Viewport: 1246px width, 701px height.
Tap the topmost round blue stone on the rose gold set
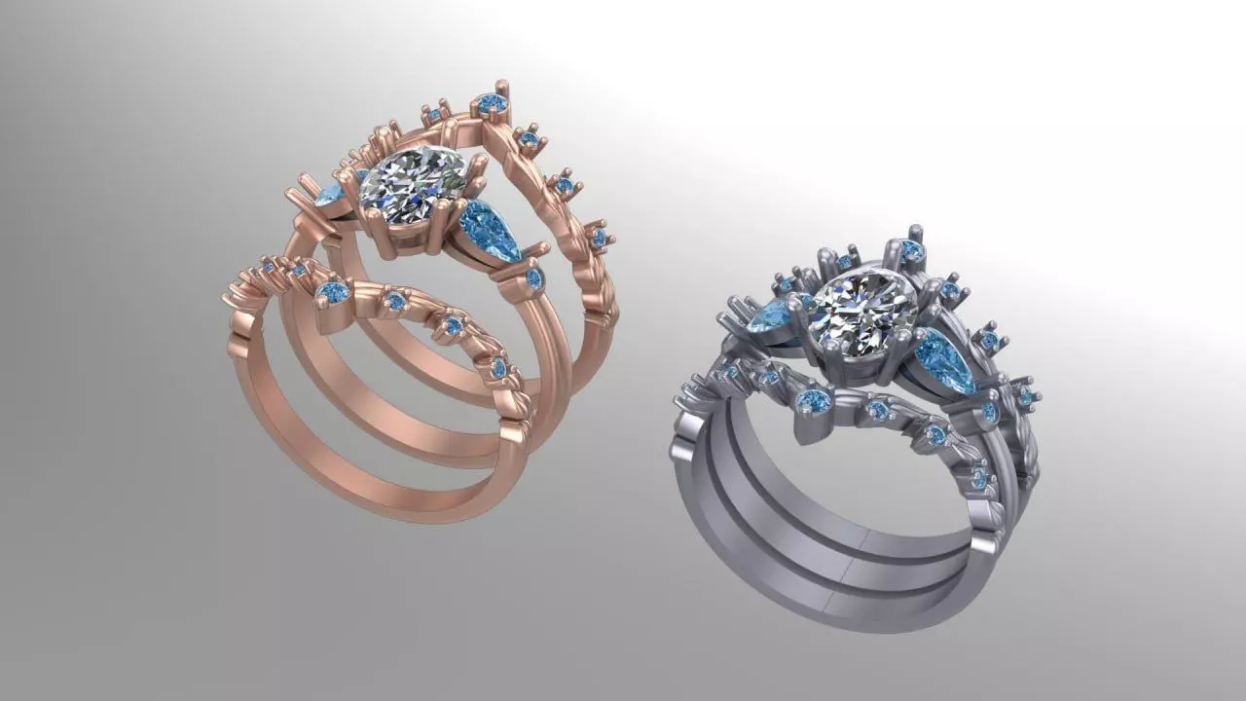pyautogui.click(x=491, y=102)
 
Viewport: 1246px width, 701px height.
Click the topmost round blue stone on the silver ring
pyautogui.click(x=911, y=250)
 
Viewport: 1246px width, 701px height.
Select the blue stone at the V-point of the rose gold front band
pyautogui.click(x=334, y=292)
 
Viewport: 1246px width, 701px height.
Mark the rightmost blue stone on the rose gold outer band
pyautogui.click(x=598, y=237)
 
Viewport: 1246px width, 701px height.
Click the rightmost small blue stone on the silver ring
pyautogui.click(x=1023, y=395)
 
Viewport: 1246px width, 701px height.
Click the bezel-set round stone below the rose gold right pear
pyautogui.click(x=533, y=279)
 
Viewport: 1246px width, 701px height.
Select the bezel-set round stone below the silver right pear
pyautogui.click(x=990, y=413)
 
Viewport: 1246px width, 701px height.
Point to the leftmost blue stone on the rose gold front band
pyautogui.click(x=268, y=265)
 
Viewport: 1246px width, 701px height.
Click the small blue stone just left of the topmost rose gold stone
pyautogui.click(x=435, y=115)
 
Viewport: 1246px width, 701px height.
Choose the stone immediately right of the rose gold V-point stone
pyautogui.click(x=395, y=302)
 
